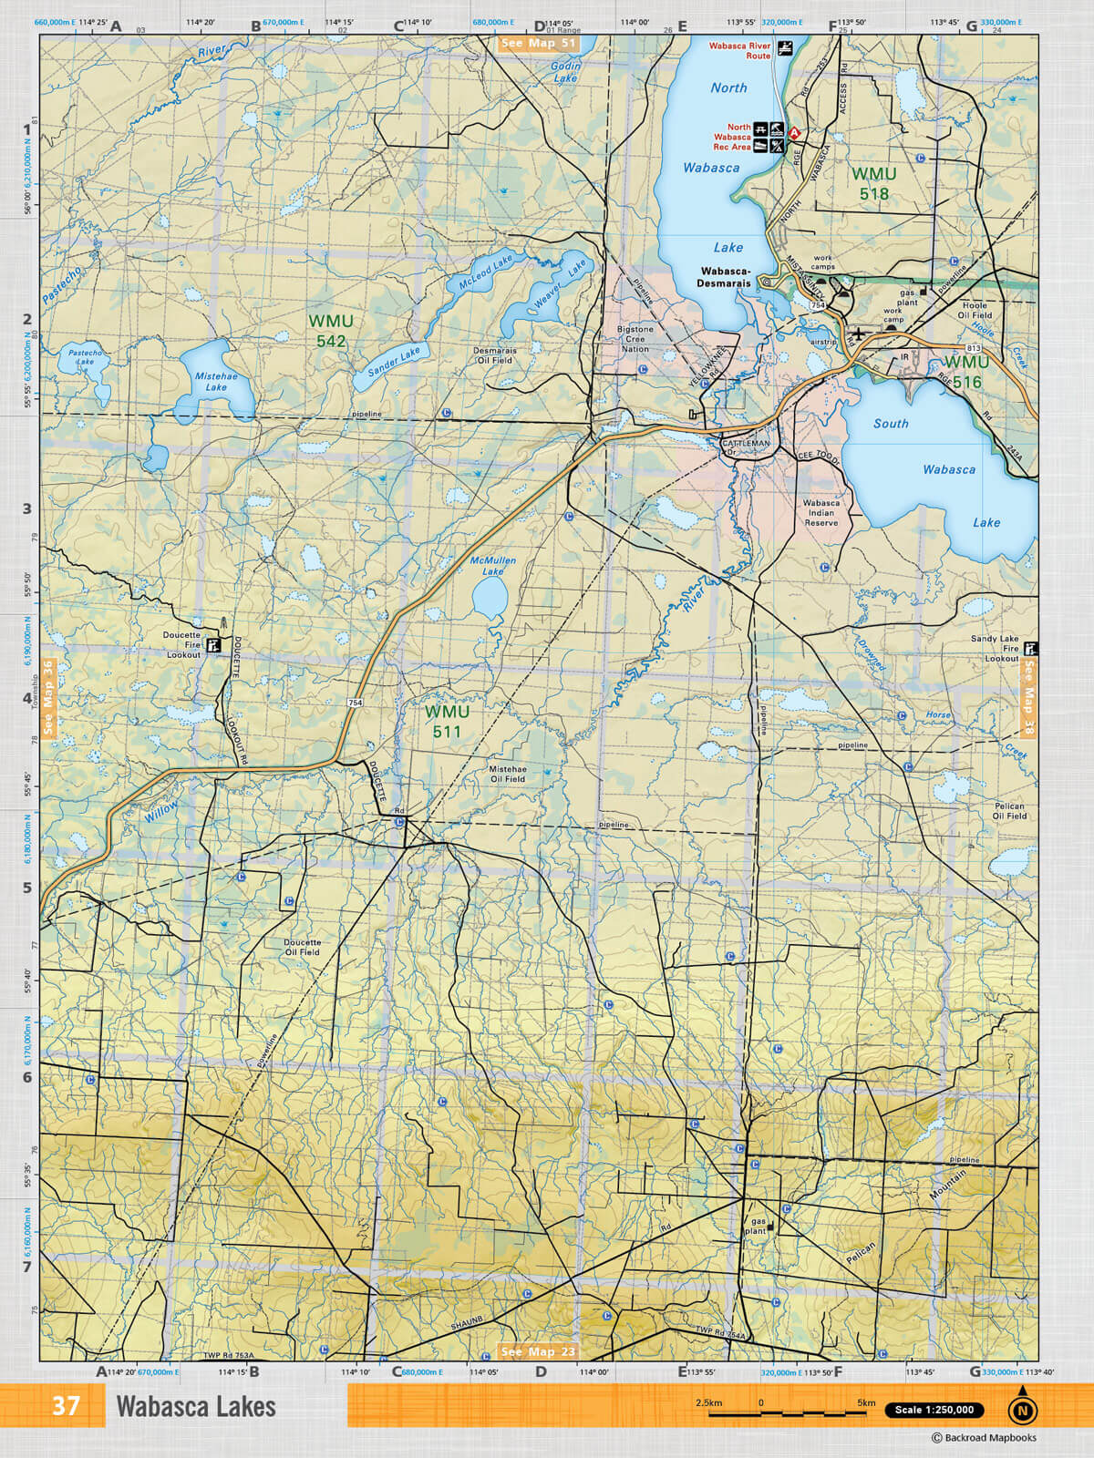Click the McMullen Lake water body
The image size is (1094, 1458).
point(490,599)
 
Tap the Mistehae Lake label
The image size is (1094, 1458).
point(216,381)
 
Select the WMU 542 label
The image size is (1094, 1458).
point(330,331)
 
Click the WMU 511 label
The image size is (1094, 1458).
point(447,721)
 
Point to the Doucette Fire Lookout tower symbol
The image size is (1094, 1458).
point(214,645)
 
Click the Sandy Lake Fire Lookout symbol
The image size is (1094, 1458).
point(1031,649)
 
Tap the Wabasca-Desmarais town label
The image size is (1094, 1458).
point(725,277)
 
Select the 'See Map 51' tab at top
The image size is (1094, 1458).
point(539,43)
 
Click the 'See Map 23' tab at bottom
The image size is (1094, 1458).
point(538,1351)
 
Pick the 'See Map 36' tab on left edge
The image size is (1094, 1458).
point(48,698)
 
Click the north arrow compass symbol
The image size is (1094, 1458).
point(1022,1409)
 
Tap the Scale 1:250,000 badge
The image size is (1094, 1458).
point(934,1410)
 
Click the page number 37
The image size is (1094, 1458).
point(66,1406)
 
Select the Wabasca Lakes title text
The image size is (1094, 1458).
point(195,1406)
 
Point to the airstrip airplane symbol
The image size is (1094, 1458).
point(858,334)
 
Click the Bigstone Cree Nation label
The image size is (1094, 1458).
point(635,339)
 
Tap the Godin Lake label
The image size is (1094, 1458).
point(565,72)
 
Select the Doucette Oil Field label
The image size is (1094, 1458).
point(302,947)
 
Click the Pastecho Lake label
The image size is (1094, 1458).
point(85,356)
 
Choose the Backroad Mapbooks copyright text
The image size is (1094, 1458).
point(984,1438)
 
